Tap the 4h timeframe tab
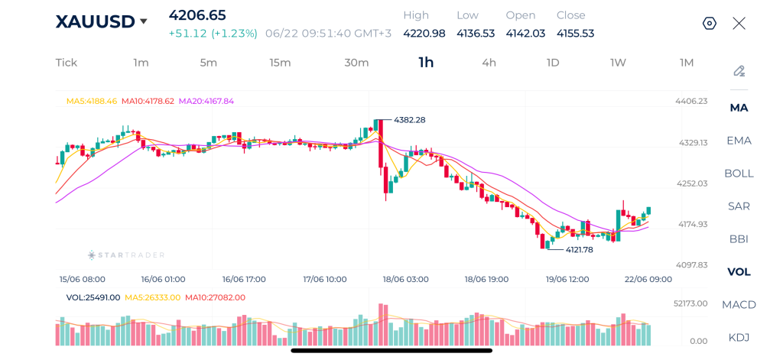click(489, 63)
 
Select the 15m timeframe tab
click(280, 63)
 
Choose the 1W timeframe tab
click(618, 63)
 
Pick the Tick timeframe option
click(67, 63)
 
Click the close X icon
click(739, 24)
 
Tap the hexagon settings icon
click(709, 24)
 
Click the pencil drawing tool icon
click(739, 71)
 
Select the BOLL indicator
click(739, 174)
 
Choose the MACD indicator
click(739, 304)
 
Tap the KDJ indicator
click(739, 338)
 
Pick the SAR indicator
click(739, 206)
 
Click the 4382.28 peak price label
click(410, 120)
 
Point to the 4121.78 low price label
click(580, 250)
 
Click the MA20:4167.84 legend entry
click(206, 101)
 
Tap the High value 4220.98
click(424, 34)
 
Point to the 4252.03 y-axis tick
click(691, 183)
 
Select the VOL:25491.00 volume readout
click(93, 297)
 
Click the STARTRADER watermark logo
click(126, 255)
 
